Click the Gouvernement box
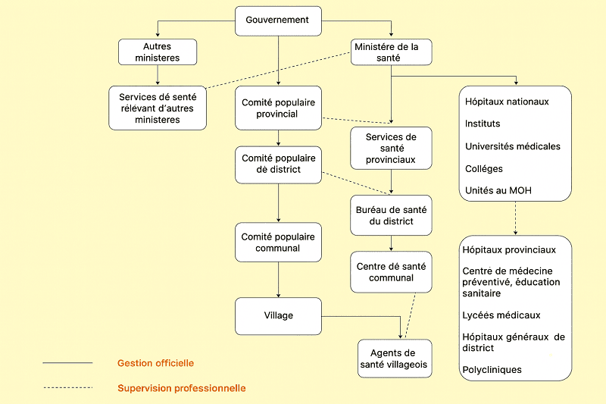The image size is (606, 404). (x=278, y=20)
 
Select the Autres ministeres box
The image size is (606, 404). (x=157, y=52)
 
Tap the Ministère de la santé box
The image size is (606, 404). (x=392, y=52)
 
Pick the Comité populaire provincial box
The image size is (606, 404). (x=279, y=108)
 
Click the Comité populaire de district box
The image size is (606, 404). (x=279, y=164)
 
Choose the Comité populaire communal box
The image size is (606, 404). (x=279, y=243)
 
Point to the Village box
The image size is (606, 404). (x=279, y=315)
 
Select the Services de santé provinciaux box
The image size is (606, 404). (x=391, y=149)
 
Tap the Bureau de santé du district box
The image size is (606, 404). (x=391, y=215)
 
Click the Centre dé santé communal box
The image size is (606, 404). (x=391, y=272)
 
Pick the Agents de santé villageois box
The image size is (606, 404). (x=394, y=359)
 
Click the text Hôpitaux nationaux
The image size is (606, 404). (x=505, y=102)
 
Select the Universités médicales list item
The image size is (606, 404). (x=513, y=146)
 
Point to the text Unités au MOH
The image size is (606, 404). (x=497, y=190)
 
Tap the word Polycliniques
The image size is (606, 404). (x=492, y=370)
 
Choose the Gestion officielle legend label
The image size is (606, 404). (x=155, y=363)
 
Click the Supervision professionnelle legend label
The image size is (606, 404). (x=182, y=388)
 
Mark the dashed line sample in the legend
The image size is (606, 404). (x=67, y=388)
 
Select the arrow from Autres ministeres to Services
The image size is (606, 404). (x=158, y=74)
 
